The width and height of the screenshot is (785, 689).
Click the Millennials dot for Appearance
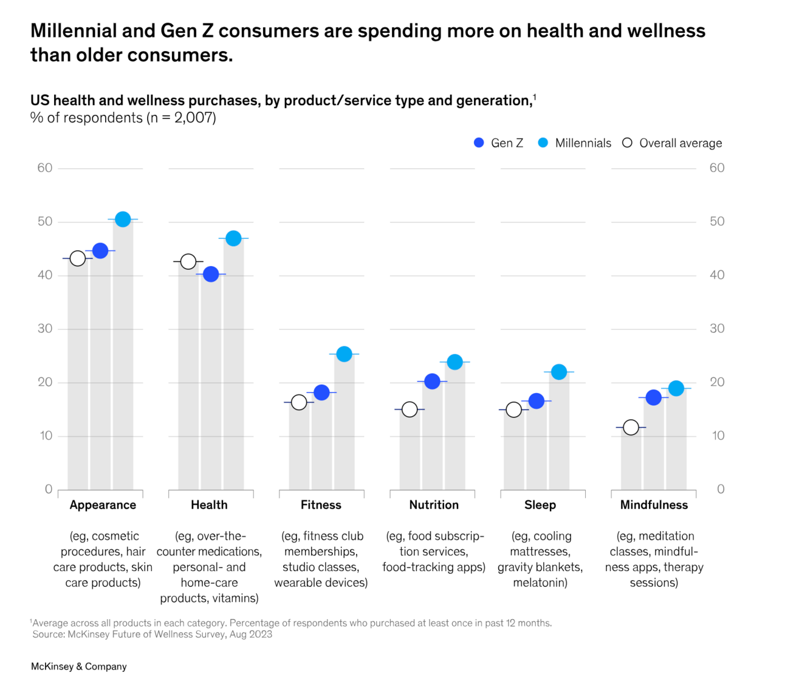123,219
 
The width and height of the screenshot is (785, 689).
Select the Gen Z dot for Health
211,274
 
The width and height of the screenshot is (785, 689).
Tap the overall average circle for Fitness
299,402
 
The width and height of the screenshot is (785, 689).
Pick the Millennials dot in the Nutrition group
454,362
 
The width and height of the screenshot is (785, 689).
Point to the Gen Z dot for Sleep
536,401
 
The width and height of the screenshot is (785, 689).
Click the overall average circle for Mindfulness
631,428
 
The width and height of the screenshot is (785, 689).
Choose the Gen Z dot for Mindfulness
654,397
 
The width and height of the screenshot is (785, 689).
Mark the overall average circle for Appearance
78,258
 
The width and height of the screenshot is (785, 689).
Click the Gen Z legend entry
498,143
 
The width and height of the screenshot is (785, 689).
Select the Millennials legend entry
575,143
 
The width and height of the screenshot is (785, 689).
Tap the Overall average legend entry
673,143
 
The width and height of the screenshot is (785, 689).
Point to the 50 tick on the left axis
45,221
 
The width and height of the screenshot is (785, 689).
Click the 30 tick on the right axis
717,329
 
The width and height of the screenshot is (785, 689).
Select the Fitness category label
321,505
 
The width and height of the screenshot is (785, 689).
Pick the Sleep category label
540,505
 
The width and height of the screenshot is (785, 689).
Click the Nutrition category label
434,505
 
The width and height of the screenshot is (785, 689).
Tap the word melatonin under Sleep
540,583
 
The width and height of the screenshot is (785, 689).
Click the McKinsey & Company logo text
79,667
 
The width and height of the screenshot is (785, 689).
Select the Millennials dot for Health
233,238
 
